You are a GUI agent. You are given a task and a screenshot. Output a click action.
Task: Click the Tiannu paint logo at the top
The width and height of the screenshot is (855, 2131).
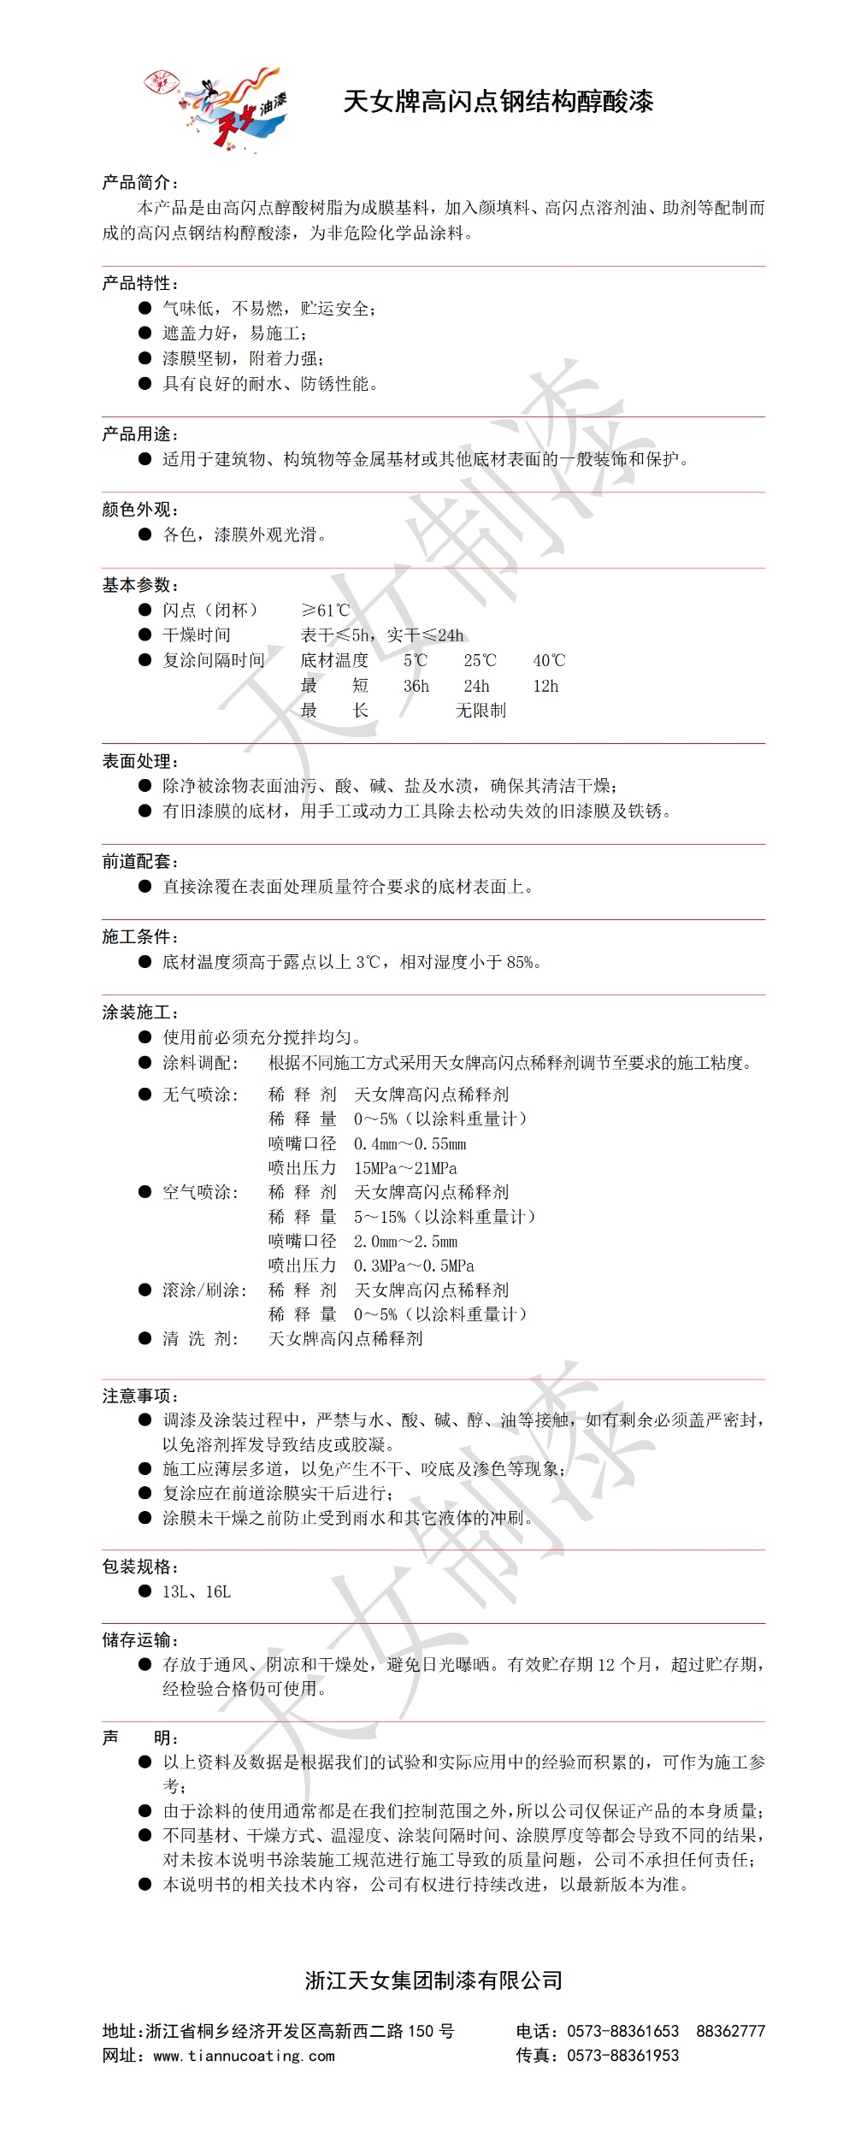(219, 110)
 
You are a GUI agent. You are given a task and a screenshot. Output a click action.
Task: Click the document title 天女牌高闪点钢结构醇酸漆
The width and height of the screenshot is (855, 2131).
(498, 102)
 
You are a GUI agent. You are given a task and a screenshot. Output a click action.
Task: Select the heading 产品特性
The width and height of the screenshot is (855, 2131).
(139, 283)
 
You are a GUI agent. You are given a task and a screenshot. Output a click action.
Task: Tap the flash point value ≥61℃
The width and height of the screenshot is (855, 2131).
(326, 610)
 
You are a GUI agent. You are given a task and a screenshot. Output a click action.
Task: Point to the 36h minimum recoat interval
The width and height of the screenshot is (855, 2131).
(416, 685)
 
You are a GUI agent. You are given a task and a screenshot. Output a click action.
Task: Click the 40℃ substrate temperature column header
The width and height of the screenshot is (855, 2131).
(549, 660)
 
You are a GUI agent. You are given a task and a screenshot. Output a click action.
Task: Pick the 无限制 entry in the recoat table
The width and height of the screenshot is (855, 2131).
(481, 710)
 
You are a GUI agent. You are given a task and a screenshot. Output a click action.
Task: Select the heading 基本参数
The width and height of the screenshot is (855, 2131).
(139, 585)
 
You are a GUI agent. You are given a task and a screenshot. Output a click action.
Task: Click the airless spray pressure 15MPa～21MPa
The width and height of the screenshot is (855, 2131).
(405, 1167)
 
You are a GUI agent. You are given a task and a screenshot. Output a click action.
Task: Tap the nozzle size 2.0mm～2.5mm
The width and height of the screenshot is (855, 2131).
(405, 1241)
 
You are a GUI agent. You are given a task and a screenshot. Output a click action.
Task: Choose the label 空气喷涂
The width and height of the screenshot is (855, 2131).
(200, 1191)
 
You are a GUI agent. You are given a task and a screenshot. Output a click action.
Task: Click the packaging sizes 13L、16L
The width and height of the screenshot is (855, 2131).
(197, 1591)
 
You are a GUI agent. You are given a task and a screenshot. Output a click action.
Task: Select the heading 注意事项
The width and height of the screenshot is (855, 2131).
(139, 1396)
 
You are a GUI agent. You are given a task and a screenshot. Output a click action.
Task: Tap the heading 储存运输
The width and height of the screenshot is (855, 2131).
(139, 1639)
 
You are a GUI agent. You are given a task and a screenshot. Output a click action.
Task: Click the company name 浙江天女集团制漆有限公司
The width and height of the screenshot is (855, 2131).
(433, 1980)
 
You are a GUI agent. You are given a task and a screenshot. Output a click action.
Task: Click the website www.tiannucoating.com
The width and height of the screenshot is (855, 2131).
(244, 2056)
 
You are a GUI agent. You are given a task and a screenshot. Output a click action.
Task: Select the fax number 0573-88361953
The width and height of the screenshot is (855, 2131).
(622, 2055)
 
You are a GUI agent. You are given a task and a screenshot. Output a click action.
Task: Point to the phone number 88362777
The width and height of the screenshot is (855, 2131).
(730, 2031)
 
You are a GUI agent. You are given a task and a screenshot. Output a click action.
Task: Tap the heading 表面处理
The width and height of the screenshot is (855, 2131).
(139, 761)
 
